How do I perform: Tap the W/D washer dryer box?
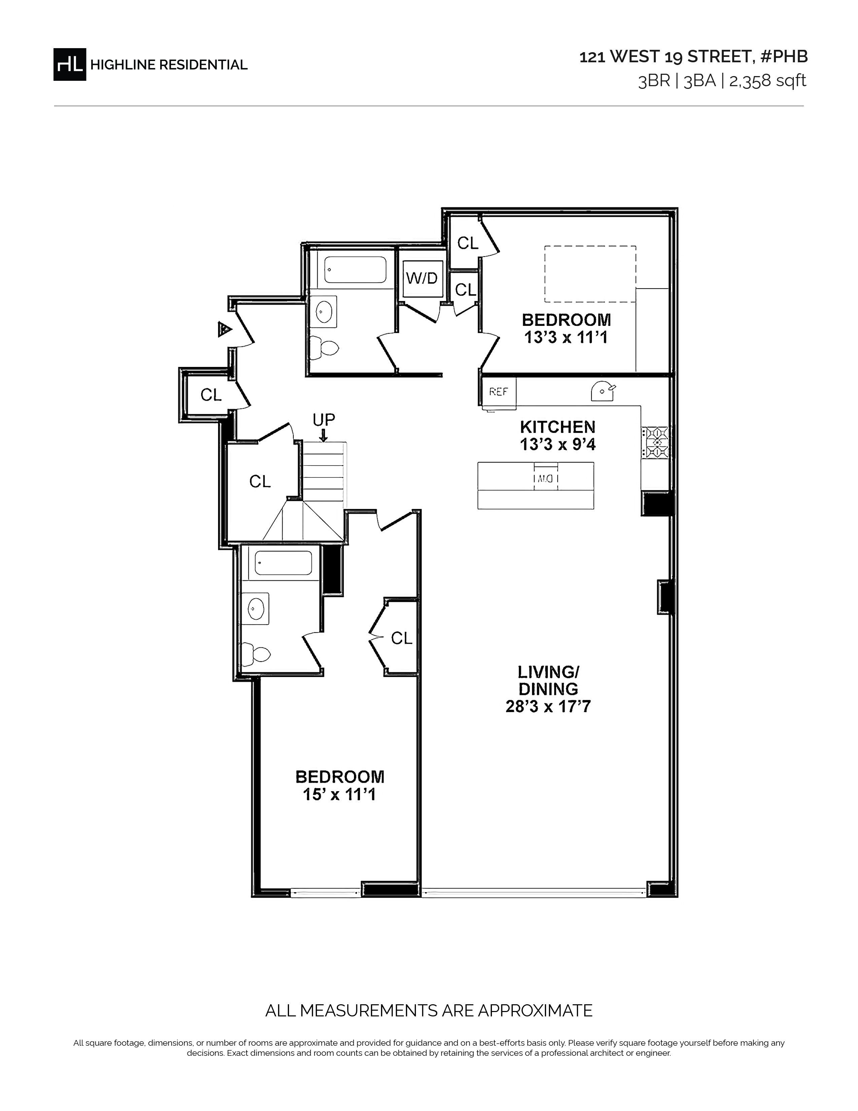click(422, 279)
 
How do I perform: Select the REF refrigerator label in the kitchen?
click(498, 392)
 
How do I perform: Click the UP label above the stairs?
click(324, 420)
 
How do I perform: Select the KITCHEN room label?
click(558, 427)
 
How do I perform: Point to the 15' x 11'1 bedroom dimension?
click(339, 795)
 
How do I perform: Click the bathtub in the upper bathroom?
click(355, 270)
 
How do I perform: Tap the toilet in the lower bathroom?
click(256, 654)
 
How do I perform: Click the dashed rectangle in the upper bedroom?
click(590, 274)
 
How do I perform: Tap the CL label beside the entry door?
click(211, 395)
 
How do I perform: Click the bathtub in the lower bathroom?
click(283, 563)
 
